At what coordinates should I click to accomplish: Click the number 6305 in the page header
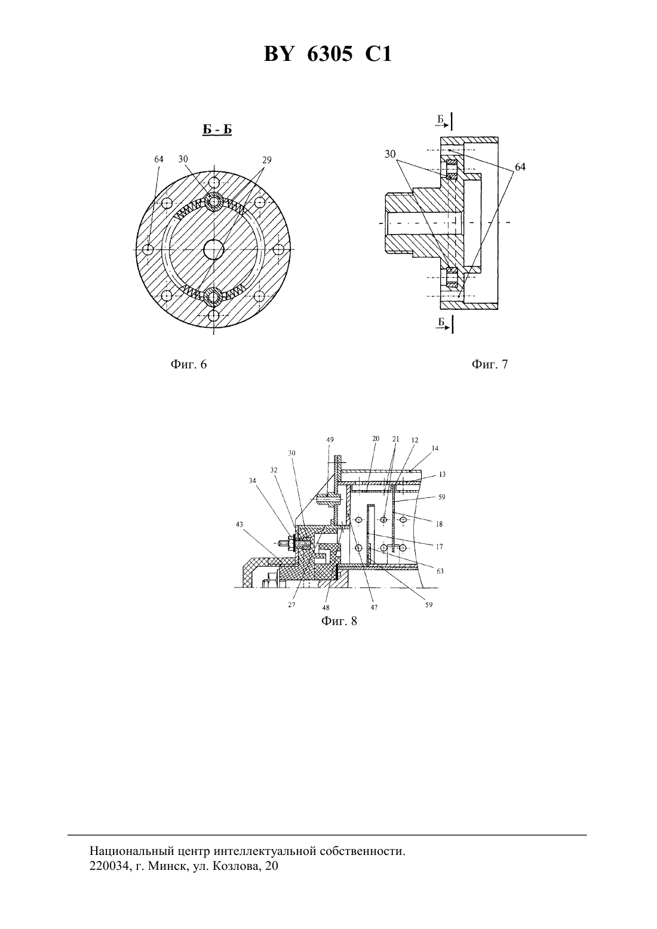330,54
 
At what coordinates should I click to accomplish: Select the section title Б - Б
217,130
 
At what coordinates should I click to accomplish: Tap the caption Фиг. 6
189,364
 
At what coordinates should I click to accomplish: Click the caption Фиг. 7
489,364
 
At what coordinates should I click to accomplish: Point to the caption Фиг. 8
339,622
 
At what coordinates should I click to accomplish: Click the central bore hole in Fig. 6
214,249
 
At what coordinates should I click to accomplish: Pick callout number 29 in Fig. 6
267,159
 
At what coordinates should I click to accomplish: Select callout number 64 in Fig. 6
158,159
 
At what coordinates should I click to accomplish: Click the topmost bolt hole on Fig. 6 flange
214,182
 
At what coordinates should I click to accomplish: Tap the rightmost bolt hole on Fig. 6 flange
279,249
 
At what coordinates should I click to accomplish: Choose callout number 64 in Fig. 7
520,167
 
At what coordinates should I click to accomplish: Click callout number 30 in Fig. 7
390,154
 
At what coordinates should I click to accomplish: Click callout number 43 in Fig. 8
240,524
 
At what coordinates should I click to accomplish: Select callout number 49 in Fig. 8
330,439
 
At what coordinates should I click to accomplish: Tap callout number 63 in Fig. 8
440,571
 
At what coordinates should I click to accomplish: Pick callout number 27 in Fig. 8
291,605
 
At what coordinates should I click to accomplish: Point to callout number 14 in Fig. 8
435,448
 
